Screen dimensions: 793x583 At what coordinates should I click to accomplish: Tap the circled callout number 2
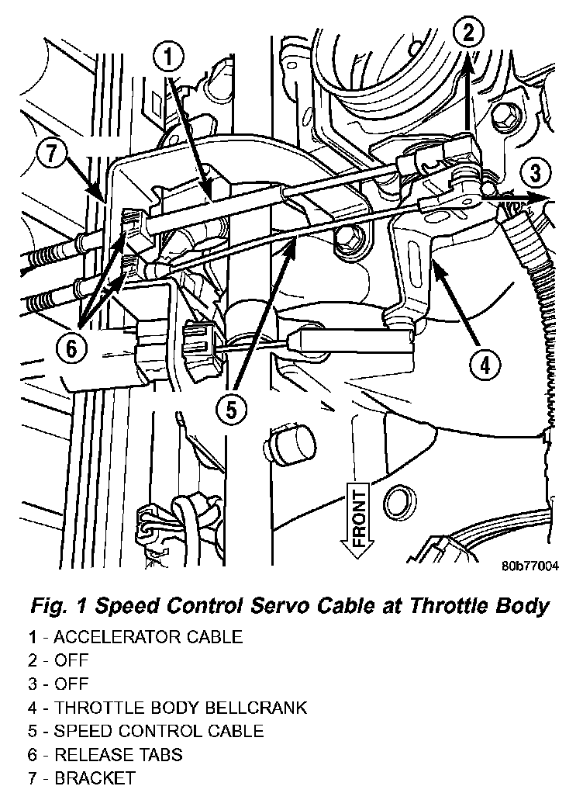click(x=467, y=33)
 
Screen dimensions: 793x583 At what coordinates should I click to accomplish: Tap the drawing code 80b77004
click(x=530, y=566)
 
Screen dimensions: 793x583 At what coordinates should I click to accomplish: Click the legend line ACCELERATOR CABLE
click(x=136, y=637)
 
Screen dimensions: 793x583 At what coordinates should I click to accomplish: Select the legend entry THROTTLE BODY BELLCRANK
click(x=167, y=707)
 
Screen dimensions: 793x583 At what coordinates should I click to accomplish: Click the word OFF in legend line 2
click(x=71, y=660)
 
